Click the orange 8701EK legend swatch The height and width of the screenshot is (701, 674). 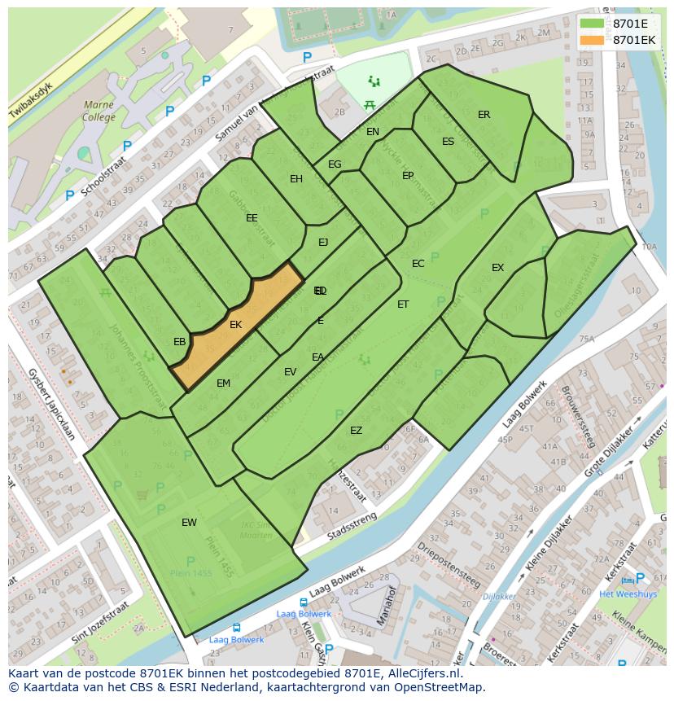pyautogui.click(x=593, y=40)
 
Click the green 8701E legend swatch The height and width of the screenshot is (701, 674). pyautogui.click(x=593, y=24)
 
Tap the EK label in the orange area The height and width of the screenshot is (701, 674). pyautogui.click(x=236, y=325)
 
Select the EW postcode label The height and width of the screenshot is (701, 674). pyautogui.click(x=189, y=523)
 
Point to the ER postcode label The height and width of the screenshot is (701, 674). pyautogui.click(x=484, y=115)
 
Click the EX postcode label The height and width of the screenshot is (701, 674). pyautogui.click(x=497, y=268)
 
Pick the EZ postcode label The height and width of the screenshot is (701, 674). pyautogui.click(x=356, y=431)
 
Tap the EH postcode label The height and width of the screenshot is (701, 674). pyautogui.click(x=296, y=179)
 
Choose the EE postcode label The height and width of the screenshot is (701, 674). pyautogui.click(x=252, y=218)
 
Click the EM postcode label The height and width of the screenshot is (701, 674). pyautogui.click(x=223, y=383)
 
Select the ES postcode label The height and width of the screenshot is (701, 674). pyautogui.click(x=448, y=142)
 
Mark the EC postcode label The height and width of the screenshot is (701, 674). pyautogui.click(x=418, y=264)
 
